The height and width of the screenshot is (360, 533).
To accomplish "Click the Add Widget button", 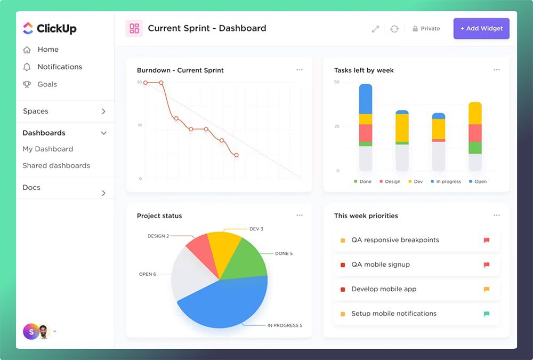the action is click(481, 29).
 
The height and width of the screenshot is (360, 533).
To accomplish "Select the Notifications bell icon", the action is click(27, 67).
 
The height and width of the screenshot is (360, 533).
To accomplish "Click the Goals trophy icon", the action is click(27, 84).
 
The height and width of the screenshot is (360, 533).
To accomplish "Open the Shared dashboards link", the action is click(56, 166).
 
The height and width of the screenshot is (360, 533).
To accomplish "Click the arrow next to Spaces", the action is click(104, 111).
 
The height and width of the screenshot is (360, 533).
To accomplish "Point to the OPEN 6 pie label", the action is click(148, 274).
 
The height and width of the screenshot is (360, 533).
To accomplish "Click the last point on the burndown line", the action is click(236, 155).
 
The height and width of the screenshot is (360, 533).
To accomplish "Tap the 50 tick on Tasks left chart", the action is click(336, 82).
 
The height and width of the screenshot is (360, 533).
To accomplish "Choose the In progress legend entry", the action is click(446, 182).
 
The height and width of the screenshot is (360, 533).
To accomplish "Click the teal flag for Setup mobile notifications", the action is click(487, 314).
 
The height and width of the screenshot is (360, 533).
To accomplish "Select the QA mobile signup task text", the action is click(381, 265).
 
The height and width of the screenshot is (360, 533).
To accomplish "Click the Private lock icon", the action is click(415, 29).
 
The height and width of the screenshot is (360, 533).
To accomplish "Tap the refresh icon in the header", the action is click(394, 29).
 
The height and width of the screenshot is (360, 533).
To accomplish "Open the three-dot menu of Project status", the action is click(300, 215).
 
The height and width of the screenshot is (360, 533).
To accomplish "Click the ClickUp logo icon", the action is click(28, 28).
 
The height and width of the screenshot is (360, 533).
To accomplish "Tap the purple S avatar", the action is click(31, 332).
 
